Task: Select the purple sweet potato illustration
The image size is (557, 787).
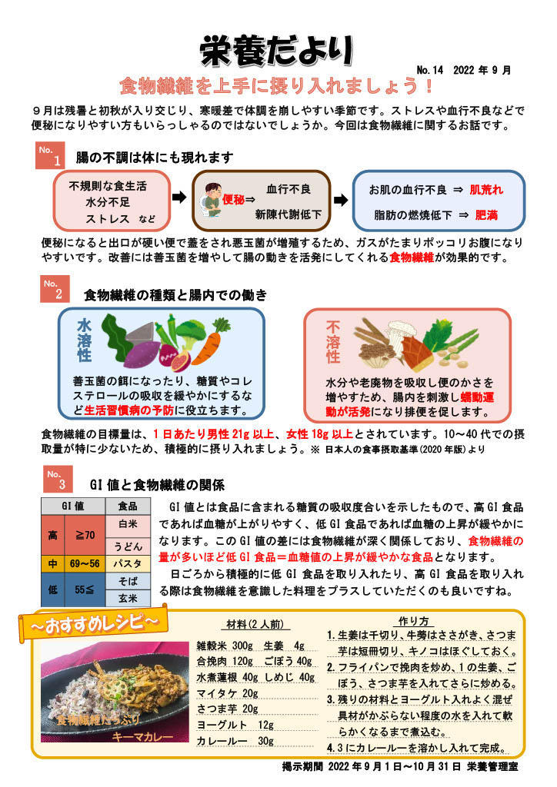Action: pyautogui.click(x=125, y=354)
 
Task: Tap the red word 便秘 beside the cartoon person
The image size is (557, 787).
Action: pyautogui.click(x=233, y=200)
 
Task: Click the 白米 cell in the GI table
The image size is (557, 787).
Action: pyautogui.click(x=128, y=523)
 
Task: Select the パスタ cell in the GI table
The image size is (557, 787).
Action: pyautogui.click(x=128, y=564)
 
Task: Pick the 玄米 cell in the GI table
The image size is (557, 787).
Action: pyautogui.click(x=128, y=598)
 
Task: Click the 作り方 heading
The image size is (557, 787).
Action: pyautogui.click(x=413, y=620)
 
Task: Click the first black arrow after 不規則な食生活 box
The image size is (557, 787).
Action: pyautogui.click(x=178, y=198)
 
